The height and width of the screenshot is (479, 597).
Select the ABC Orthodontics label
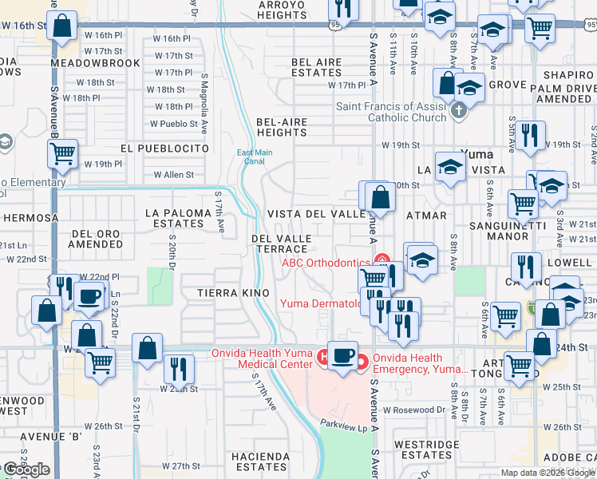click(325, 263)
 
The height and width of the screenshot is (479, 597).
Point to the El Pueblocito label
click(164, 148)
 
